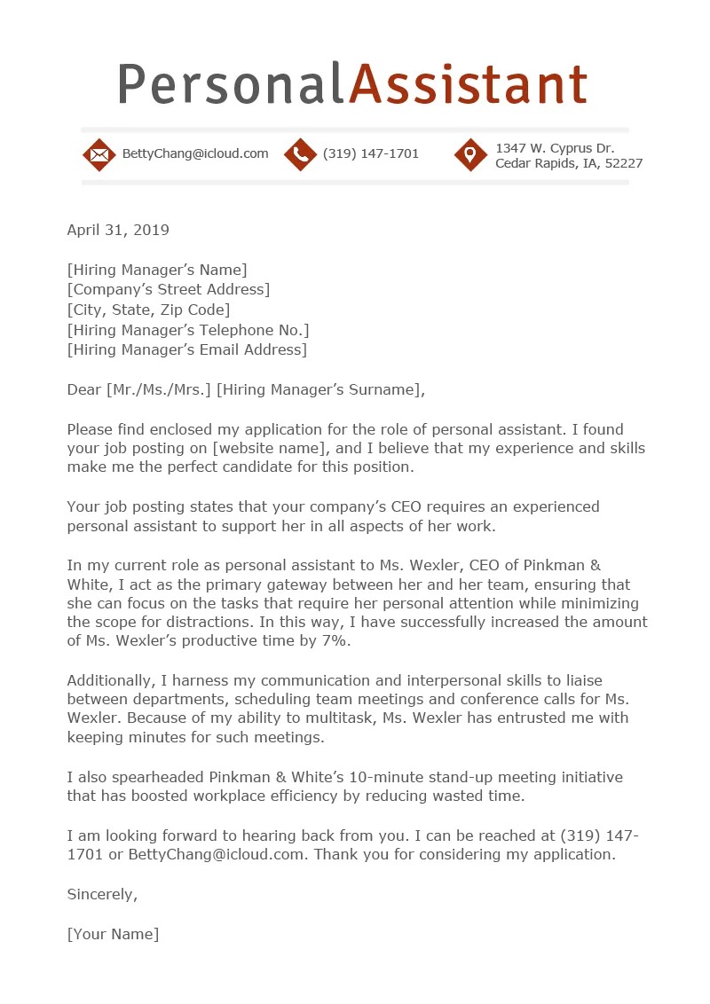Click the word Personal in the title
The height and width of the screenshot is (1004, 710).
click(x=229, y=86)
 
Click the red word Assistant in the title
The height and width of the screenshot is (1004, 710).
click(x=468, y=86)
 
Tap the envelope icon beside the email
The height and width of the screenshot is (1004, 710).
click(x=99, y=154)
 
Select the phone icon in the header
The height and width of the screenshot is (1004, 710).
click(x=300, y=154)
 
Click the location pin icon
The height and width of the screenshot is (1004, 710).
click(x=470, y=154)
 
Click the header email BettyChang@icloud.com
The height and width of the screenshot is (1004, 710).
click(x=195, y=154)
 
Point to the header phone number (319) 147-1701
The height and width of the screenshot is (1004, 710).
click(x=371, y=154)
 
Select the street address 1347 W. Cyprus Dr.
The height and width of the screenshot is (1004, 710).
click(x=555, y=148)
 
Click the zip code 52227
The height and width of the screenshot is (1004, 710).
click(x=623, y=164)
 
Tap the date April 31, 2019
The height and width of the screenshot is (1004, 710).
click(x=118, y=231)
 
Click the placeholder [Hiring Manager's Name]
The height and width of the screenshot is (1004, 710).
click(x=157, y=270)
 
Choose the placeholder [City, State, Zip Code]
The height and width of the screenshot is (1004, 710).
click(x=148, y=310)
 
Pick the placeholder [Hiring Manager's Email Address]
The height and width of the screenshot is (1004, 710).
click(x=186, y=349)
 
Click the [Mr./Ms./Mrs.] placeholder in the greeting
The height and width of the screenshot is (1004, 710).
click(x=158, y=389)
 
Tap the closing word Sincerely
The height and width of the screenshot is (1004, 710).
click(x=102, y=894)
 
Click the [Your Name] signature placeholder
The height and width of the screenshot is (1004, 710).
click(x=113, y=934)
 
